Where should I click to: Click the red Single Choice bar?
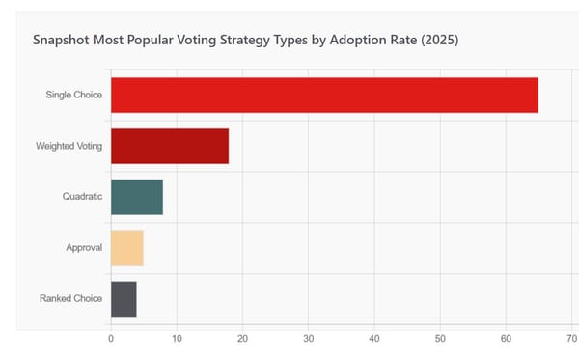tap(324, 95)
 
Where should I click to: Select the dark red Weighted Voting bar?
tap(170, 146)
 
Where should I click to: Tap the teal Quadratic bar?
tap(137, 197)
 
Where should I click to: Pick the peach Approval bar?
tap(127, 248)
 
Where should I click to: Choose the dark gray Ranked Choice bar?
tap(124, 299)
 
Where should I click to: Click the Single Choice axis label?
tap(74, 95)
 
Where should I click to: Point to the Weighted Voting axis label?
tap(69, 146)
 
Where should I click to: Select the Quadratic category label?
tap(82, 197)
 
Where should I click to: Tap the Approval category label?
tap(84, 248)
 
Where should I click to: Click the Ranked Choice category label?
tap(71, 299)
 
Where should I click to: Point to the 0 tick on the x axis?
tap(111, 340)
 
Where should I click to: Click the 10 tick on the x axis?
tap(177, 340)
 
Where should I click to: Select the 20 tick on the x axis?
tap(242, 340)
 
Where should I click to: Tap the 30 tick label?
tap(308, 340)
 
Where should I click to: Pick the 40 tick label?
tap(373, 340)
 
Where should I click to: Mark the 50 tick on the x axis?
tap(439, 340)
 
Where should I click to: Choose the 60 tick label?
tap(505, 340)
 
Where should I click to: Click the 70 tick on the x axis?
tap(569, 340)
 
